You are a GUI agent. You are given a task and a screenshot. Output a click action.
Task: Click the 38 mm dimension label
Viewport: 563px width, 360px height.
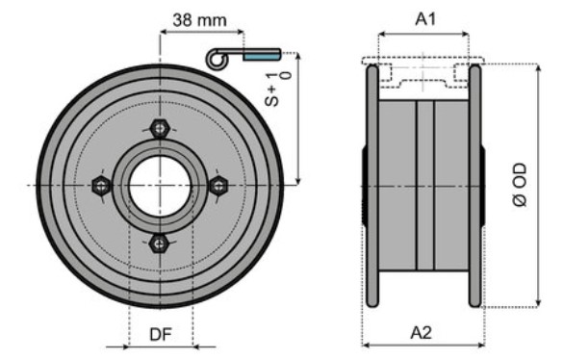click(x=199, y=20)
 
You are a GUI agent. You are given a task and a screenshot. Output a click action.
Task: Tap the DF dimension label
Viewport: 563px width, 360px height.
click(x=161, y=334)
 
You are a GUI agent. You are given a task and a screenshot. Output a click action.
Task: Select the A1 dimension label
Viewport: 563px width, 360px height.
click(x=425, y=18)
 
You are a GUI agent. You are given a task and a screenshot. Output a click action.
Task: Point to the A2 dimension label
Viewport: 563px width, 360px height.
click(x=422, y=333)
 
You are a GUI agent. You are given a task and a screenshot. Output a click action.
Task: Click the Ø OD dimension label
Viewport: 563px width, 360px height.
click(x=521, y=185)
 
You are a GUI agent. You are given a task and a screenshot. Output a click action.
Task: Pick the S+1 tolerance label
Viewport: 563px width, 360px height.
click(x=277, y=90)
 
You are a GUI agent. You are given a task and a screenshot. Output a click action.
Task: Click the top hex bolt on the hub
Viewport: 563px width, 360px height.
click(x=160, y=128)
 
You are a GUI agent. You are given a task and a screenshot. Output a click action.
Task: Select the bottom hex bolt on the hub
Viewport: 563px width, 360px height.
click(x=159, y=244)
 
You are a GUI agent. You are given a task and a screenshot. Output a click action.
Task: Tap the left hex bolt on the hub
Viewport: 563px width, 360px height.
click(x=101, y=186)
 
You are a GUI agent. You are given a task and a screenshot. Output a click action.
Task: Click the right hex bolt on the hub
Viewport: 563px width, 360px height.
click(x=218, y=186)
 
